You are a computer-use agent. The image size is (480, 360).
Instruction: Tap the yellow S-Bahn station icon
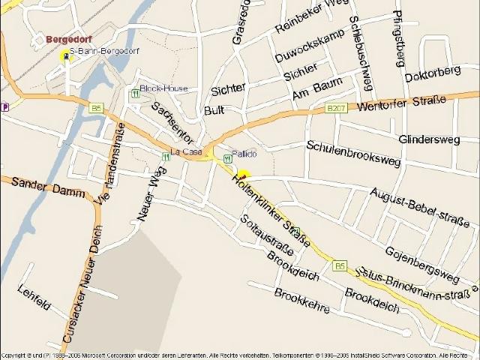click(x=65, y=53)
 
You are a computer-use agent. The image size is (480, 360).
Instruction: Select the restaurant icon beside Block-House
click(x=135, y=94)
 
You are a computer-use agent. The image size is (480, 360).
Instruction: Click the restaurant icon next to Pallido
click(x=226, y=158)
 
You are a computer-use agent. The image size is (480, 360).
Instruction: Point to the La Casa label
click(x=187, y=151)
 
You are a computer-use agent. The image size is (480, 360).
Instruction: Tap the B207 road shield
click(x=336, y=108)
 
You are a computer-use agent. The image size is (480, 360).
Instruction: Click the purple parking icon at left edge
click(x=5, y=106)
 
